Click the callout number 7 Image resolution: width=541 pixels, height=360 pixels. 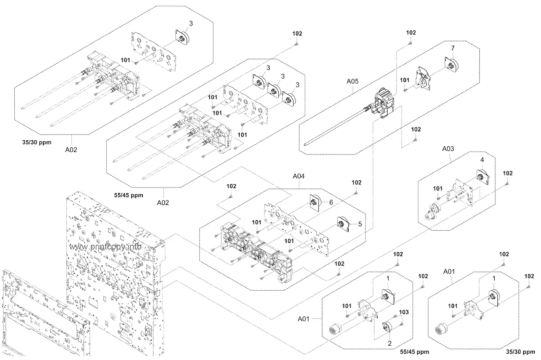coord(453,48)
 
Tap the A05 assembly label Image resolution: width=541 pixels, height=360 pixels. coord(352,81)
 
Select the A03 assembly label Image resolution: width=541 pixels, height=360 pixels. coord(448,149)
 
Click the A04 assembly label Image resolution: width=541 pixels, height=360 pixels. coord(299,176)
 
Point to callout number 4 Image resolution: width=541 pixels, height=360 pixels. coord(482,160)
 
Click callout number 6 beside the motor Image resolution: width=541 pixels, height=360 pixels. coord(331,202)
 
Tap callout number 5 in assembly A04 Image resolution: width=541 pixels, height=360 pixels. coord(360,224)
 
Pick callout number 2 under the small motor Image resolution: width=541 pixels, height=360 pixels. coord(389,344)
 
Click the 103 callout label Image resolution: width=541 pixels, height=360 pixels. coord(404,312)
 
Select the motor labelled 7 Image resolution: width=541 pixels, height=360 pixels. coord(452,64)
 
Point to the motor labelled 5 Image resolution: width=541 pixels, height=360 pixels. coord(343,224)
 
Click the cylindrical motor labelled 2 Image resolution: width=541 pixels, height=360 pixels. coord(389,327)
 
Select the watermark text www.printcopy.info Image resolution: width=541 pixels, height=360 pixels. coord(105,247)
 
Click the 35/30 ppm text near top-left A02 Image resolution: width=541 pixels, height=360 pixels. coord(36,143)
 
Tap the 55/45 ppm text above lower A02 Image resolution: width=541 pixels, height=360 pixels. coord(128,195)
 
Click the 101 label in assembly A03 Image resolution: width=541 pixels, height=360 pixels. coord(437,188)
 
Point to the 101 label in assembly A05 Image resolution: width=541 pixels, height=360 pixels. coord(404,80)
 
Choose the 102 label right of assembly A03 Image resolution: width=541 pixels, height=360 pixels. coord(508,173)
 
